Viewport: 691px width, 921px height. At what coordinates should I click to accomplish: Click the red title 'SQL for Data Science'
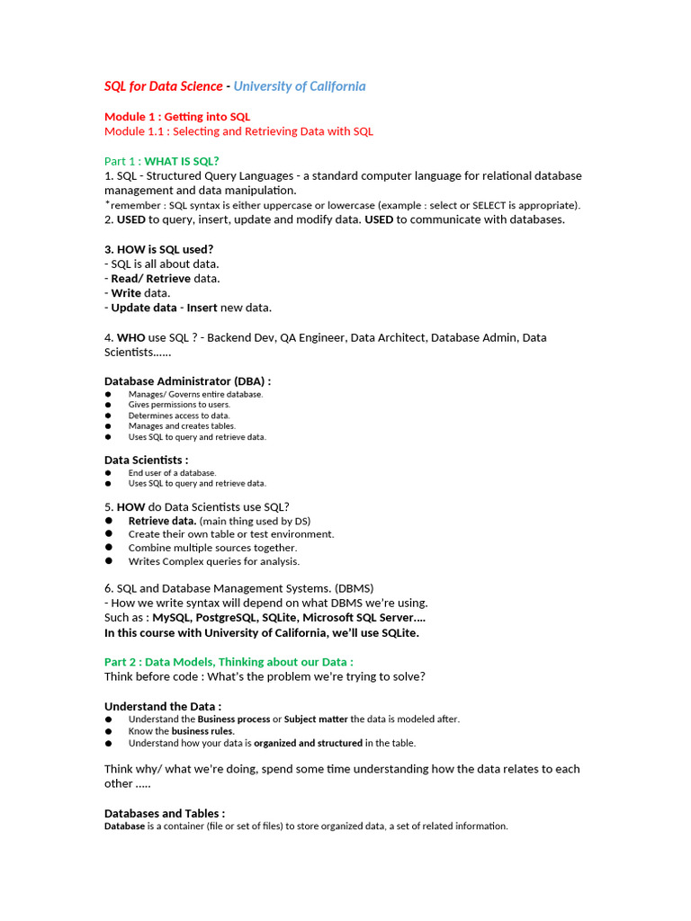[163, 86]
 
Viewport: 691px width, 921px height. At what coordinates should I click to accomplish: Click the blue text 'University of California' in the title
[300, 86]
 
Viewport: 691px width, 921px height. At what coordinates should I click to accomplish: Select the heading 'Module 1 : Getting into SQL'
[177, 117]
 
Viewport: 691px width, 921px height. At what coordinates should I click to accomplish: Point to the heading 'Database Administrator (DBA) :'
[188, 381]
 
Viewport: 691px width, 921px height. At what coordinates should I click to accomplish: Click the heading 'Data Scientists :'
[147, 460]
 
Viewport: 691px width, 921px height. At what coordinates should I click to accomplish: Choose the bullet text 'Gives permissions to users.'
[179, 405]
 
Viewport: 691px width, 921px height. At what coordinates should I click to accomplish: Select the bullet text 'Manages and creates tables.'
[182, 426]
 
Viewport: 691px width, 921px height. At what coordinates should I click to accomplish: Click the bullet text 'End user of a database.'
[172, 472]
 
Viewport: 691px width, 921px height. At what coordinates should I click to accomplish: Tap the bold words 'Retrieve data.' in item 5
[162, 521]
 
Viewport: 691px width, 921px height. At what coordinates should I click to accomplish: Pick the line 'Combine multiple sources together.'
[212, 548]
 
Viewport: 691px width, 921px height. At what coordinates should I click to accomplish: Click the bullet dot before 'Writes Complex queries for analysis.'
[108, 561]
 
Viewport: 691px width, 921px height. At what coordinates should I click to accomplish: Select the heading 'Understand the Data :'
[163, 706]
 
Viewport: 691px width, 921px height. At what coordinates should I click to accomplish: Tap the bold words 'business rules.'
[203, 731]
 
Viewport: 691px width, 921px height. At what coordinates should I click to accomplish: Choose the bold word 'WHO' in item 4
[130, 337]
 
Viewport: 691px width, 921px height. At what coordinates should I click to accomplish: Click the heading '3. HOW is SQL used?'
[159, 249]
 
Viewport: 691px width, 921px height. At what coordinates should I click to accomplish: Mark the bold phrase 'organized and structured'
[308, 743]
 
